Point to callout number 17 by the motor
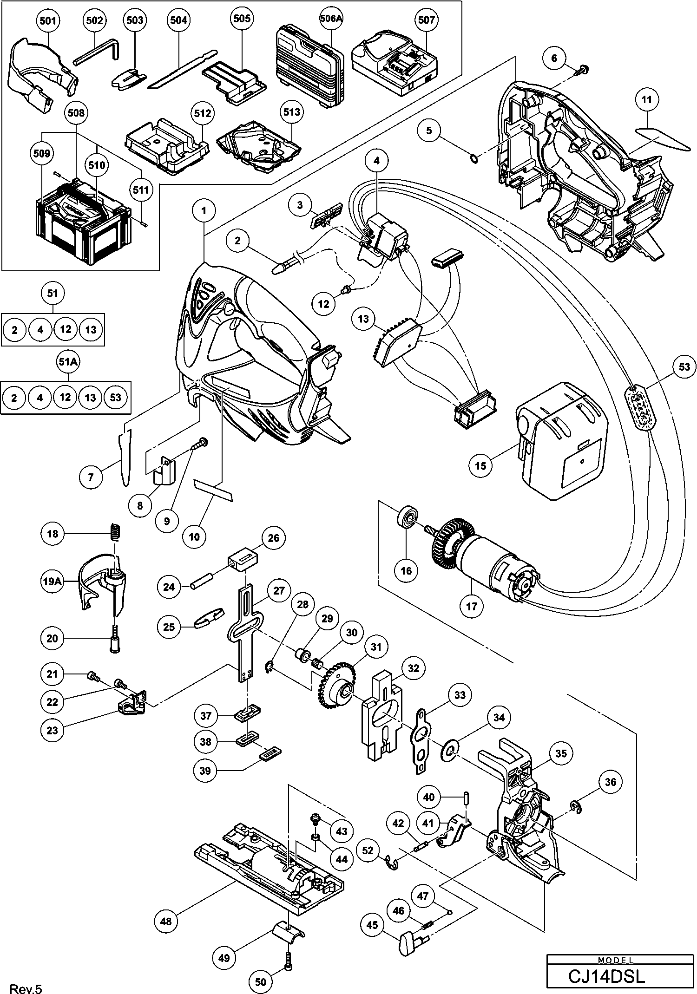click(471, 606)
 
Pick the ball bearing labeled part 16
click(408, 518)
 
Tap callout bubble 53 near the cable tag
click(684, 367)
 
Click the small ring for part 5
click(474, 160)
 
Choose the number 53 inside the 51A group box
click(115, 397)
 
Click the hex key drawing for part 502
click(97, 51)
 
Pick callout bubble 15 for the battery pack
click(481, 464)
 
